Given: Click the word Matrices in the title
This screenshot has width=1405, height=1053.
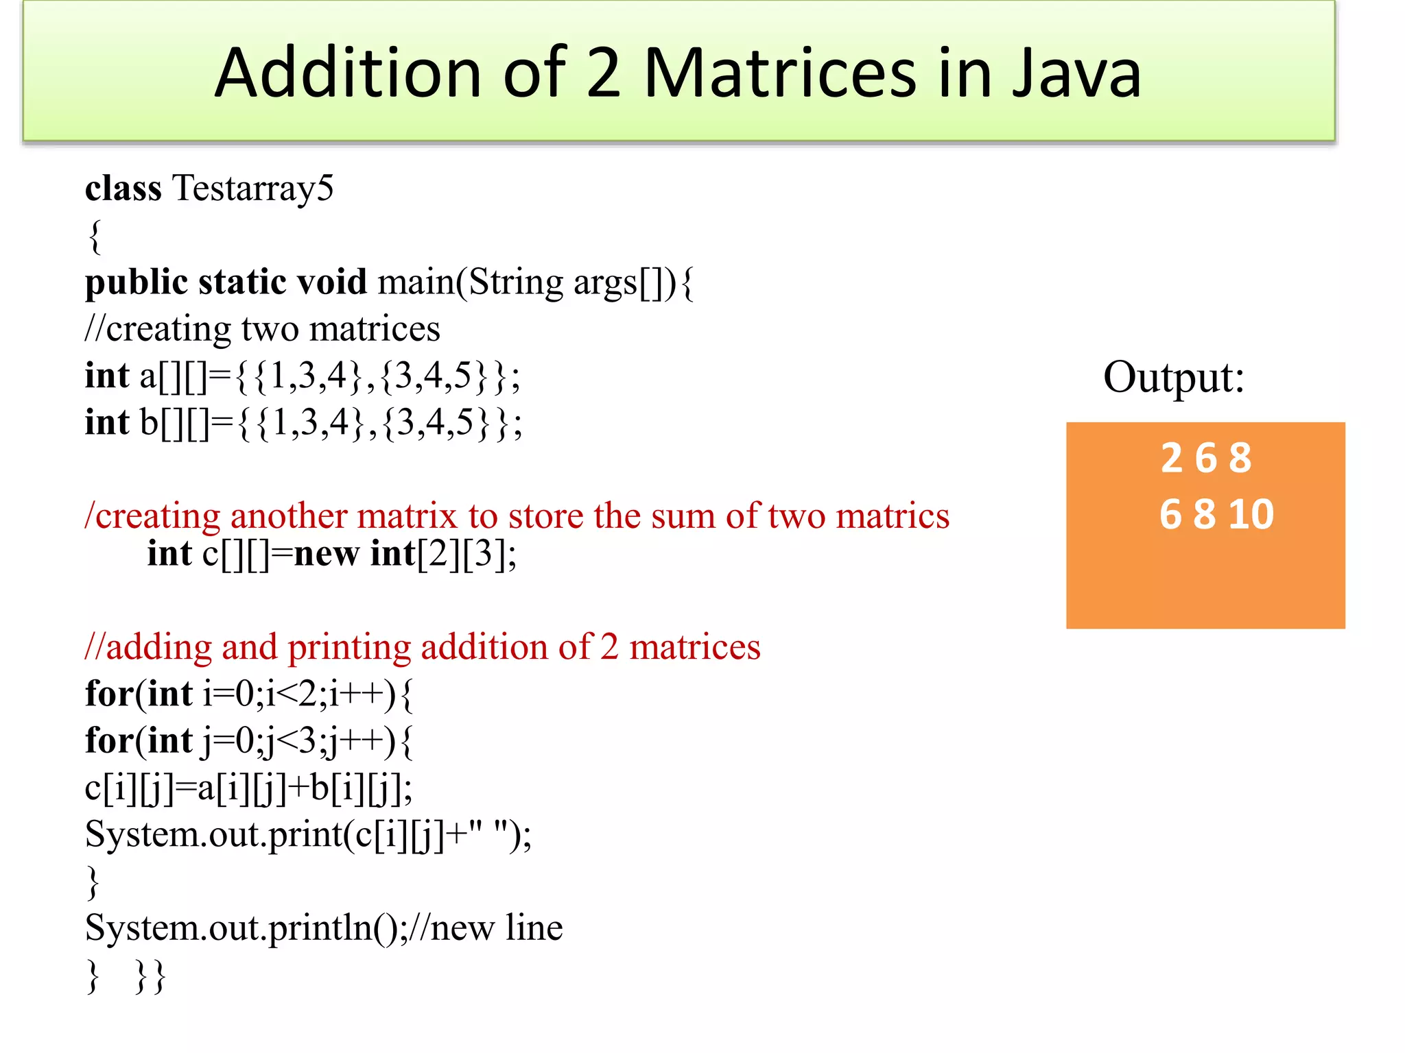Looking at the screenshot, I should [779, 73].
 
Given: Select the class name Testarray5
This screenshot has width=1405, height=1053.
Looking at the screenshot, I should [253, 188].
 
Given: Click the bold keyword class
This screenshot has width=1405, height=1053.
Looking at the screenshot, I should [123, 188].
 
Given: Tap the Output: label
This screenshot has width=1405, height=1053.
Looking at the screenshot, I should [1173, 376].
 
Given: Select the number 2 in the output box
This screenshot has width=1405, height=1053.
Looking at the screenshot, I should [1172, 458].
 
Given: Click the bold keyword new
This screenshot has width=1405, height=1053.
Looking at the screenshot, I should [326, 553].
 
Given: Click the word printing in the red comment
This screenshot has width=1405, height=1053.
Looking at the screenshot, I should [349, 647].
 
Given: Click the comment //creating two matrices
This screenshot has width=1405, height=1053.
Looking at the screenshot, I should [262, 329].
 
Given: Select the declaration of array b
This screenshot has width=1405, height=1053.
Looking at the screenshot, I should [303, 423].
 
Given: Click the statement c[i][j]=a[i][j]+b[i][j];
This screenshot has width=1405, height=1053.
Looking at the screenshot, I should [248, 788].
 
